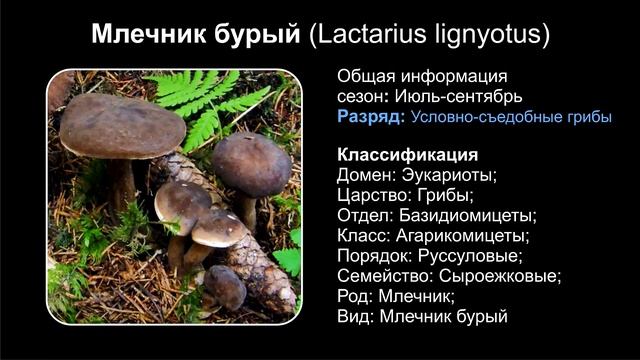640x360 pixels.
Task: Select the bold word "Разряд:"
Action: pos(371,117)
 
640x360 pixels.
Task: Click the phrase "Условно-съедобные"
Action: pos(472,117)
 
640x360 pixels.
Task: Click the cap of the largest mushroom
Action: pos(121,125)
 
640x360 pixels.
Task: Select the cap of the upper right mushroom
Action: pos(251,162)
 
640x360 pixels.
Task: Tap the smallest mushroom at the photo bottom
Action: pos(226,287)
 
